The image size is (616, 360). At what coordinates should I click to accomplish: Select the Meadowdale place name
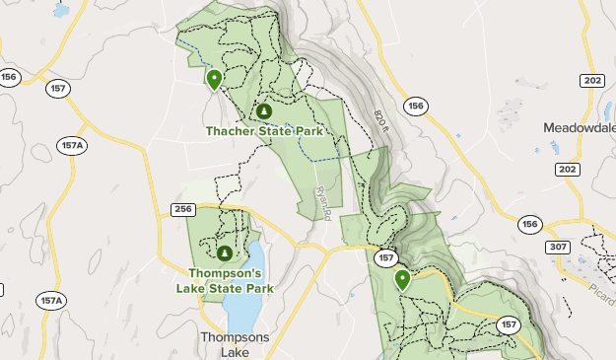coord(579,128)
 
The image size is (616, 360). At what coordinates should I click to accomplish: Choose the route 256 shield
coord(182,209)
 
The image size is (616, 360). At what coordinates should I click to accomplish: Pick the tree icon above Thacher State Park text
coord(264,111)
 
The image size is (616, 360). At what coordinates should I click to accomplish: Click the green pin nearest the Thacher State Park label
coord(214,78)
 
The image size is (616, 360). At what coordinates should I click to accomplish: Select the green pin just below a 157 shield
coord(402,280)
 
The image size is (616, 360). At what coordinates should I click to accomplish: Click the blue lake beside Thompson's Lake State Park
coord(241,296)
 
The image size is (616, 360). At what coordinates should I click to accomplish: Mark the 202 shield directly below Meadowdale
coord(566,170)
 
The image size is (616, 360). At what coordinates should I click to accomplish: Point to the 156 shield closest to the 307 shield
coord(530,224)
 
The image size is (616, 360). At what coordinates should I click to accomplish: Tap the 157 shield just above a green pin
coord(386,257)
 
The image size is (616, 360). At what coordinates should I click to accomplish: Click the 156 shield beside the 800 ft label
coord(416,106)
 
